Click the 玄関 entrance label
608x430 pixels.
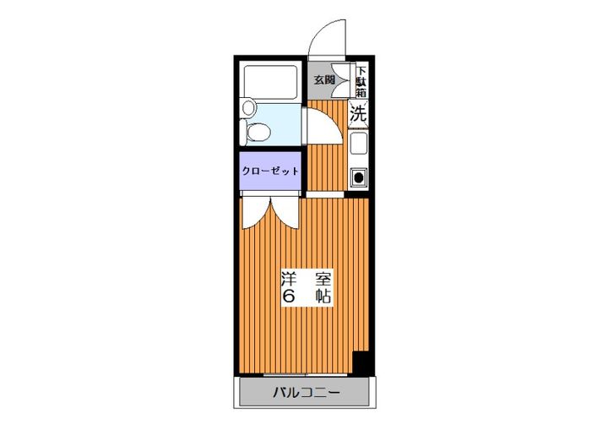coord(324,80)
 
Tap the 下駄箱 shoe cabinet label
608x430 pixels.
coord(361,82)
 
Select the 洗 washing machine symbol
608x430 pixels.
coord(358,114)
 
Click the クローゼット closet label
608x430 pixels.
coord(270,171)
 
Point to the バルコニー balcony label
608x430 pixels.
coord(307,393)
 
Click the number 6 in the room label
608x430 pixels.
coord(289,297)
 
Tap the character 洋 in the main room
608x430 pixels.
coord(289,279)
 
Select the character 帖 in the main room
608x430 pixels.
coord(323,297)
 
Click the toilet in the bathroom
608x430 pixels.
coord(255,132)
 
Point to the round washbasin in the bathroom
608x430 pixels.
coord(248,107)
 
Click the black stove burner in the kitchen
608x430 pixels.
coord(359,178)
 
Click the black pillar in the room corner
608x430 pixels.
coord(361,363)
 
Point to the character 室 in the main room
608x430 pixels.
coord(323,279)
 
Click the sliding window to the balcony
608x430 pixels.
coord(305,375)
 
